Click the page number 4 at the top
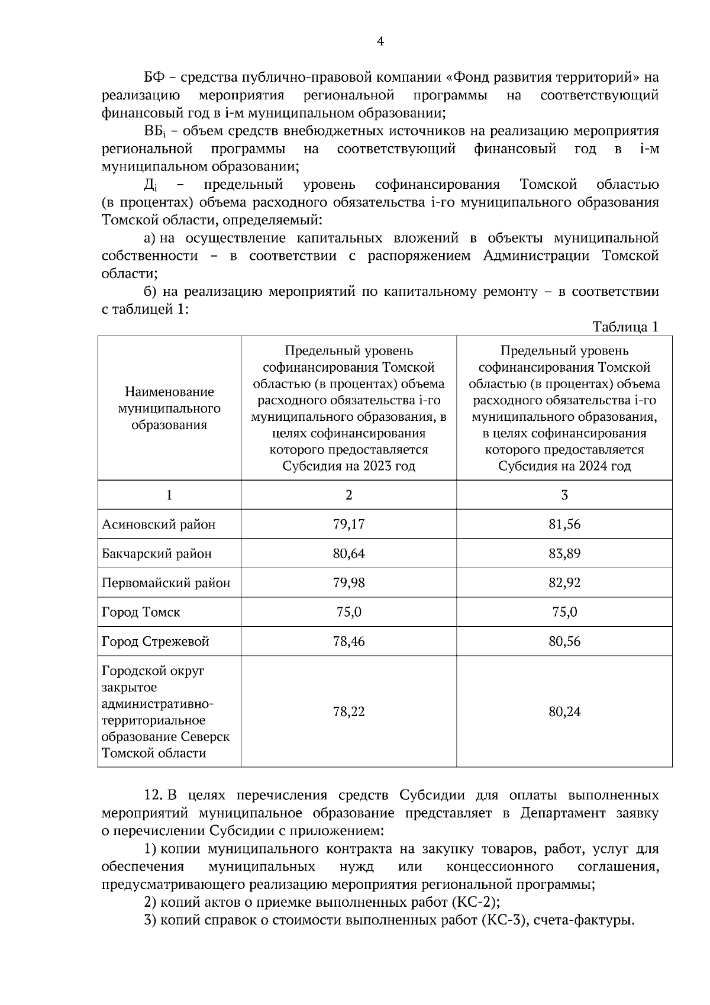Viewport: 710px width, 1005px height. coord(380,41)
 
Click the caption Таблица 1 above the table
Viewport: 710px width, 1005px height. coord(625,327)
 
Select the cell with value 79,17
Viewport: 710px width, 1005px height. coord(348,524)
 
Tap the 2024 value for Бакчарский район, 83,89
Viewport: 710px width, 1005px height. coord(564,553)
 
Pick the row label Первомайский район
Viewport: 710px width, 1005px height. coord(166,583)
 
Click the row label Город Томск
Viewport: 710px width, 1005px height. coord(141,612)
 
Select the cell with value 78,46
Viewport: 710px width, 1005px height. coord(348,642)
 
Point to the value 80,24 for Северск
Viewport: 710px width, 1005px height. coord(564,711)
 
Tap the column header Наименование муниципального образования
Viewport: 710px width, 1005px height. coord(169,408)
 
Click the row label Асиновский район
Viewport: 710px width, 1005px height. coord(159,524)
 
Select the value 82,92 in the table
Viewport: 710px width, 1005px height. coord(564,583)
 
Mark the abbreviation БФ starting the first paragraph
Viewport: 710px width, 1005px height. coord(154,78)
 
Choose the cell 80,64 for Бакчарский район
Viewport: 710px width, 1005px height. coord(348,553)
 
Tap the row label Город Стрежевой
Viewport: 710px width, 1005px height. coord(156,642)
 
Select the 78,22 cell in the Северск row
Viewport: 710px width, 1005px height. coord(348,711)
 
